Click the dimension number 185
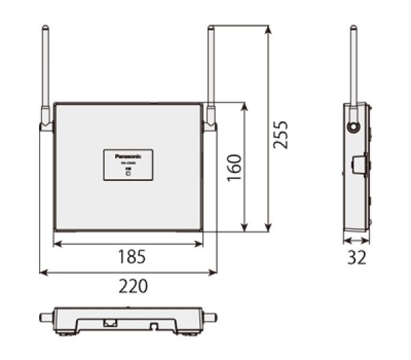131,257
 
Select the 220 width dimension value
133,286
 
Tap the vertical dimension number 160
234,168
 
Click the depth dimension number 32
356,258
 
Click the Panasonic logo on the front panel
128,155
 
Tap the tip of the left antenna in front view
45,28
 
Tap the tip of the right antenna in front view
211,28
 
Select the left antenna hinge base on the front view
46,124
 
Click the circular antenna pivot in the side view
353,127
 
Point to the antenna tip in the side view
353,28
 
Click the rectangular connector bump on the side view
358,164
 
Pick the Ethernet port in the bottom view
108,321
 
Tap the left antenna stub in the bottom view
45,317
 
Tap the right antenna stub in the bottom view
211,317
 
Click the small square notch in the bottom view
155,322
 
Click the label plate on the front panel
128,165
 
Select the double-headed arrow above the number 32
356,241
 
